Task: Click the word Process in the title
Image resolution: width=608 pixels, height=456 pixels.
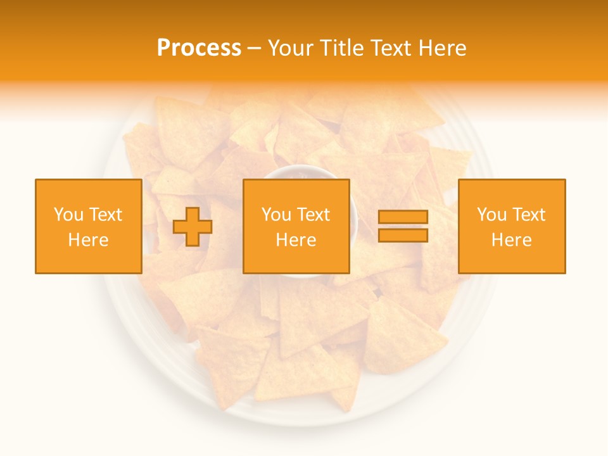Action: pyautogui.click(x=199, y=48)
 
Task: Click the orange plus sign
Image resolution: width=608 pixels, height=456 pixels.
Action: pyautogui.click(x=193, y=226)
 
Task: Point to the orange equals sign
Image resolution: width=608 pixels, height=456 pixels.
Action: pyautogui.click(x=403, y=226)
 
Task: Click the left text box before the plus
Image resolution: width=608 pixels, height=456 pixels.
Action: pyautogui.click(x=88, y=226)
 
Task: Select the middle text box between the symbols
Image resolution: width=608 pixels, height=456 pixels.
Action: pyautogui.click(x=296, y=226)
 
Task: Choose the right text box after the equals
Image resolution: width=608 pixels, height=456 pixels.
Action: pyautogui.click(x=511, y=226)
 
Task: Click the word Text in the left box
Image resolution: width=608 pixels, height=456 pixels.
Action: pyautogui.click(x=105, y=215)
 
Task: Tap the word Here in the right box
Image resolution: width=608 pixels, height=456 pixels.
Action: pyautogui.click(x=511, y=240)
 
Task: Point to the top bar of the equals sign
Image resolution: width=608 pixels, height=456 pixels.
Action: pyautogui.click(x=403, y=217)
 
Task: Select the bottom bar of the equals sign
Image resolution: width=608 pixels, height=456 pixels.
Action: pyautogui.click(x=403, y=235)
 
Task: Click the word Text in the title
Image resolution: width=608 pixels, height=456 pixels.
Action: pyautogui.click(x=389, y=48)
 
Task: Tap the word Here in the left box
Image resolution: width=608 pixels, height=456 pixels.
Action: pyautogui.click(x=88, y=240)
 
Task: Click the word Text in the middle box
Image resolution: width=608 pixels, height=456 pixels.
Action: pyautogui.click(x=313, y=215)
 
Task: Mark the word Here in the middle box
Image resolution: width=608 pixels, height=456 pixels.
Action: pyautogui.click(x=296, y=240)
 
